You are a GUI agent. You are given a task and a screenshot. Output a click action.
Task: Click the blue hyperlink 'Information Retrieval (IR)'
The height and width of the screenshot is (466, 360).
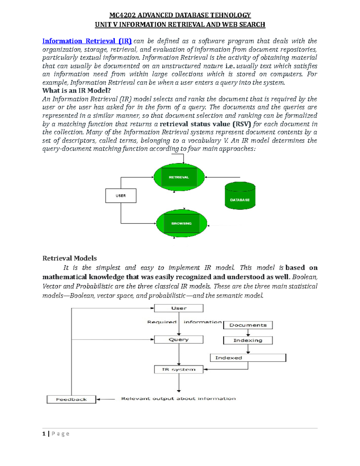point(87,41)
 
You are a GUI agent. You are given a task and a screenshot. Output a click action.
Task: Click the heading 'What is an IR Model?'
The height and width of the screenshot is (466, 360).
point(76,91)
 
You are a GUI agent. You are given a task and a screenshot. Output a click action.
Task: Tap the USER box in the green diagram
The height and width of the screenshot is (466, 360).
point(121,196)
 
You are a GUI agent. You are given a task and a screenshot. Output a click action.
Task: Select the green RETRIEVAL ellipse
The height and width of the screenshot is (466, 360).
point(179,177)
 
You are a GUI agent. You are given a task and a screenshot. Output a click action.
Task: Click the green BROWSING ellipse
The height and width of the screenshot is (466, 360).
point(181,224)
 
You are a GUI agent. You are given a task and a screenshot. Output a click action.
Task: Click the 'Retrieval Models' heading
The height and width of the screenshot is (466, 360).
point(69,258)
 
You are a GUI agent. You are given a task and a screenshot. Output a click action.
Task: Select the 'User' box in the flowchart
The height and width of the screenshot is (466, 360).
point(179,308)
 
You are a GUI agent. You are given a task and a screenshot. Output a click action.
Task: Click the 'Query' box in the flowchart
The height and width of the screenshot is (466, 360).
point(179,340)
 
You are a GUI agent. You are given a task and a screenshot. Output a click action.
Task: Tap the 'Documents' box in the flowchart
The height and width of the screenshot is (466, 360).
point(248,325)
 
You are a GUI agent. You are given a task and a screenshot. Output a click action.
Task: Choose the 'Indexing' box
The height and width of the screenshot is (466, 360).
point(248,340)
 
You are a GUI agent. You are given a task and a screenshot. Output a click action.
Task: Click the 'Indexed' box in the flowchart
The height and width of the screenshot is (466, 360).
point(248,358)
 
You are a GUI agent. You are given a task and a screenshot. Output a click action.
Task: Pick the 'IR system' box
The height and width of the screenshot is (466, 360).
point(179,369)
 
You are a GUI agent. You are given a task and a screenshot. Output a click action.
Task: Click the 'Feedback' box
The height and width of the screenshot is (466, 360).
point(71,399)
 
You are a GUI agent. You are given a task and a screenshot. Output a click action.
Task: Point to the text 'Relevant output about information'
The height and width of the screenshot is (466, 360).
point(178,398)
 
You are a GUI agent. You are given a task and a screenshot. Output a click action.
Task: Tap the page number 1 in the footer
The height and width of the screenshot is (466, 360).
point(44,434)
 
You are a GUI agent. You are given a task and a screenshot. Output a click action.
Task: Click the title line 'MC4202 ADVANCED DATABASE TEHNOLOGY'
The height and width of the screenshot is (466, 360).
point(180,15)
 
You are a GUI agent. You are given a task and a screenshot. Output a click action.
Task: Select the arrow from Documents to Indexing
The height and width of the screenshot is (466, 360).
point(248,333)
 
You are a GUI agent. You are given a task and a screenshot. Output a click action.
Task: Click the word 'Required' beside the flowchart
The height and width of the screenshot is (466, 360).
point(162,322)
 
